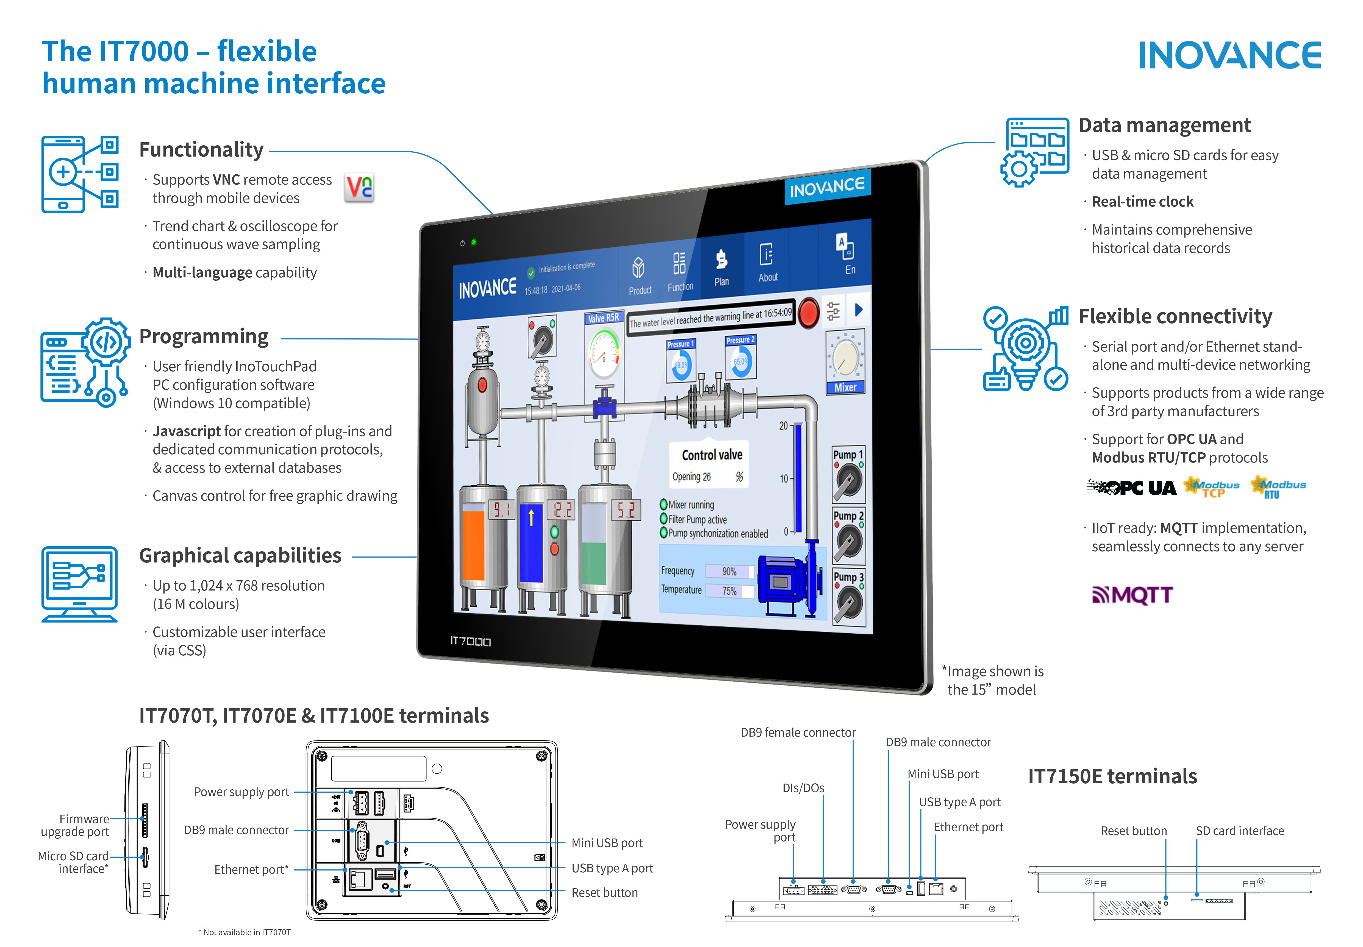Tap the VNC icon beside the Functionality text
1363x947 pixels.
359,188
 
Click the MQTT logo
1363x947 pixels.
1132,595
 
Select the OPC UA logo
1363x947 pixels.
1131,488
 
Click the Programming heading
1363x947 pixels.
204,336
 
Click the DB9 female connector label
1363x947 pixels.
798,732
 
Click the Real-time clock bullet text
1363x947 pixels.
1142,202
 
